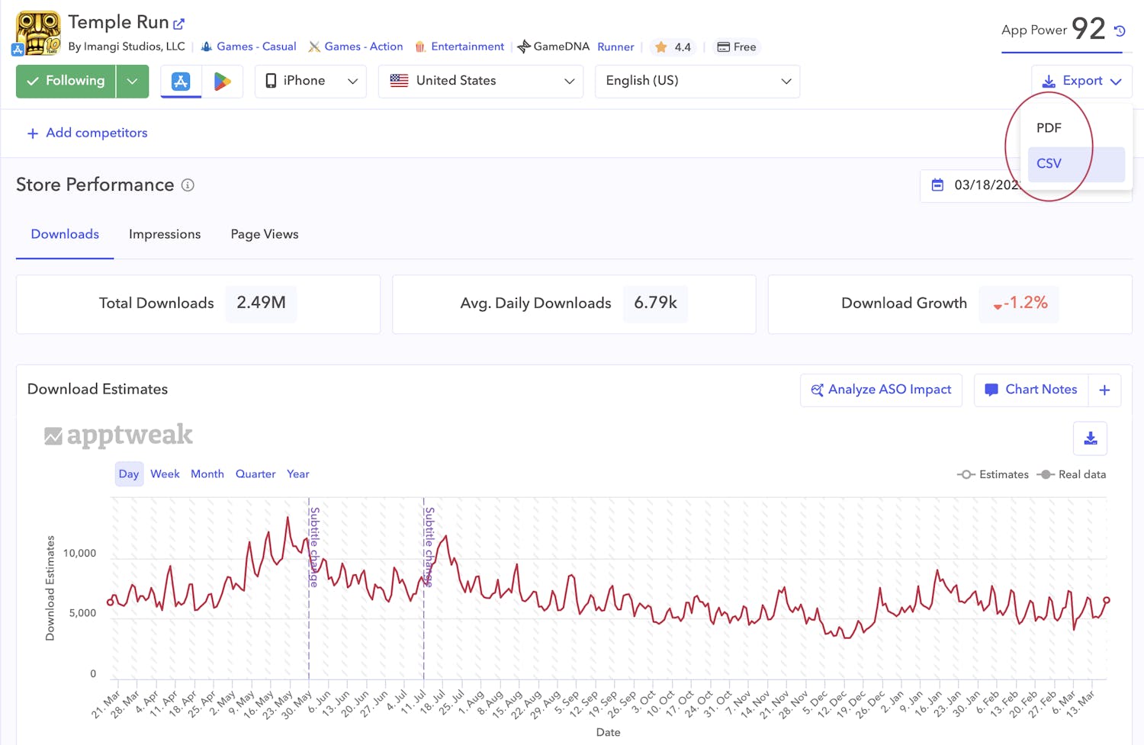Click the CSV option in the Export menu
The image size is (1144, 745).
pyautogui.click(x=1049, y=163)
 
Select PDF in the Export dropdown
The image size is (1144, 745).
pyautogui.click(x=1049, y=128)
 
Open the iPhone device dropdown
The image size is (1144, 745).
pyautogui.click(x=310, y=81)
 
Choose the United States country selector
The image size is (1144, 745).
pyautogui.click(x=480, y=81)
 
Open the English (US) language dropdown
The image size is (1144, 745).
pyautogui.click(x=697, y=81)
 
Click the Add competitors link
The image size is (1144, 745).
pyautogui.click(x=88, y=133)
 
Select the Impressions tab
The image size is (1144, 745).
pyautogui.click(x=165, y=234)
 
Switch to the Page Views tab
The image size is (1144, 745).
pyautogui.click(x=265, y=234)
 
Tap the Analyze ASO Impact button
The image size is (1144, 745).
pyautogui.click(x=881, y=390)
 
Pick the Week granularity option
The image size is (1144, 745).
pyautogui.click(x=165, y=474)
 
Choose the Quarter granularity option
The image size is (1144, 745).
pyautogui.click(x=255, y=474)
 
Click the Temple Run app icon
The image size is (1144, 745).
pyautogui.click(x=37, y=33)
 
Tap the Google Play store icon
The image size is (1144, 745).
pyautogui.click(x=222, y=81)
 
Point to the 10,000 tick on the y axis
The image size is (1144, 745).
pyautogui.click(x=79, y=553)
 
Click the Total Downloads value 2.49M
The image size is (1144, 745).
pyautogui.click(x=261, y=303)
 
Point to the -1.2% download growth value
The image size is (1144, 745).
pyautogui.click(x=1020, y=303)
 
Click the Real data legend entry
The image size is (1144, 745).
pyautogui.click(x=1072, y=474)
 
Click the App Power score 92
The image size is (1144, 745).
pyautogui.click(x=1088, y=29)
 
